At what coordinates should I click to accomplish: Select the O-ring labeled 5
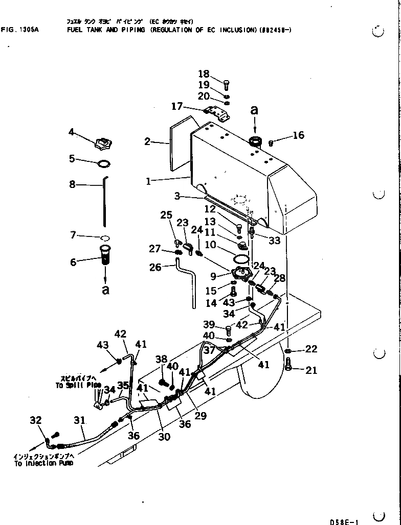point(103,163)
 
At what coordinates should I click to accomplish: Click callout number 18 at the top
point(204,74)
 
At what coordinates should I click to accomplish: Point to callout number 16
point(298,135)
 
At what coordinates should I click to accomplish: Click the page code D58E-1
point(344,521)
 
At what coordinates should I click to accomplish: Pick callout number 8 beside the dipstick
point(73,184)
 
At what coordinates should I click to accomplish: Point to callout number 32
point(35,420)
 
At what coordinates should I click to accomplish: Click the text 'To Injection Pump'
point(43,463)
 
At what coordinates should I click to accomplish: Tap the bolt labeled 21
point(289,365)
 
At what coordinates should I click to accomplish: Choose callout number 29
point(201,416)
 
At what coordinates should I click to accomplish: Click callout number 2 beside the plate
point(147,141)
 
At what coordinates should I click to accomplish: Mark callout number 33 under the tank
point(275,240)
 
